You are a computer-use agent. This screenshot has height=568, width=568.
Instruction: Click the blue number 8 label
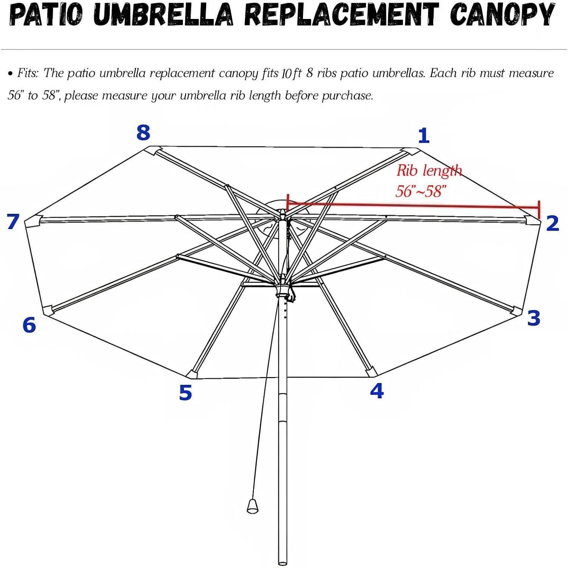[x=143, y=133]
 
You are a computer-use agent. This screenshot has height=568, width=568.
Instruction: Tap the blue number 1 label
[x=424, y=135]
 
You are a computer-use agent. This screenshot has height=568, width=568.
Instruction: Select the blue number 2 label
[x=552, y=223]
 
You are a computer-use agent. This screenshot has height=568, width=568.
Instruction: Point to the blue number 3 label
[x=534, y=318]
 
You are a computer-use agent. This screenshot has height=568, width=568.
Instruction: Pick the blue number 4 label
[x=377, y=391]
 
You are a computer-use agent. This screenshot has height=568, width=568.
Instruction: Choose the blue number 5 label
[x=186, y=392]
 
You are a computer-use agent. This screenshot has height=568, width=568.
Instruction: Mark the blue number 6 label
[x=29, y=325]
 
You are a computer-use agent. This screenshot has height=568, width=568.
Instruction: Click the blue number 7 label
[x=13, y=221]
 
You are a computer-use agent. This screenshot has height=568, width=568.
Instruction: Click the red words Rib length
[x=429, y=171]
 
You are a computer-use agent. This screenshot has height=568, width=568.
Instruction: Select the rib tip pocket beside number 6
[x=48, y=310]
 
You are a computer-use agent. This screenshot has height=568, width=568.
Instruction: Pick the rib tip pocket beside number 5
[x=192, y=374]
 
